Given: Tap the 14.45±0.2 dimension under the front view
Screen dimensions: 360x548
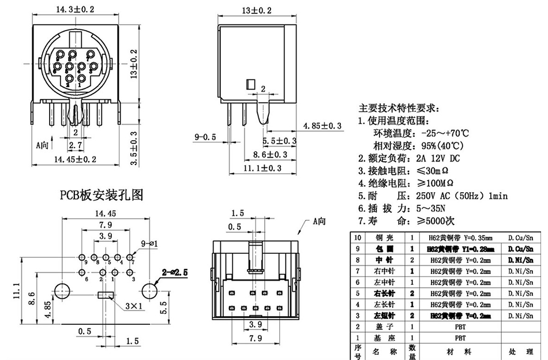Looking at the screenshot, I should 75,159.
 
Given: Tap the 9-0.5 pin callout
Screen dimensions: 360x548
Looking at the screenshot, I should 205,137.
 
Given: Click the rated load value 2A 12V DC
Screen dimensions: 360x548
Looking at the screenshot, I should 433,158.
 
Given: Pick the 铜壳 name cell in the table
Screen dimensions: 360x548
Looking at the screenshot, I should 383,238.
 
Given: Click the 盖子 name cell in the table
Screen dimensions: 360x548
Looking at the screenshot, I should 383,327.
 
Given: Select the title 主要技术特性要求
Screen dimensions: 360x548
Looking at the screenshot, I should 399,108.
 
